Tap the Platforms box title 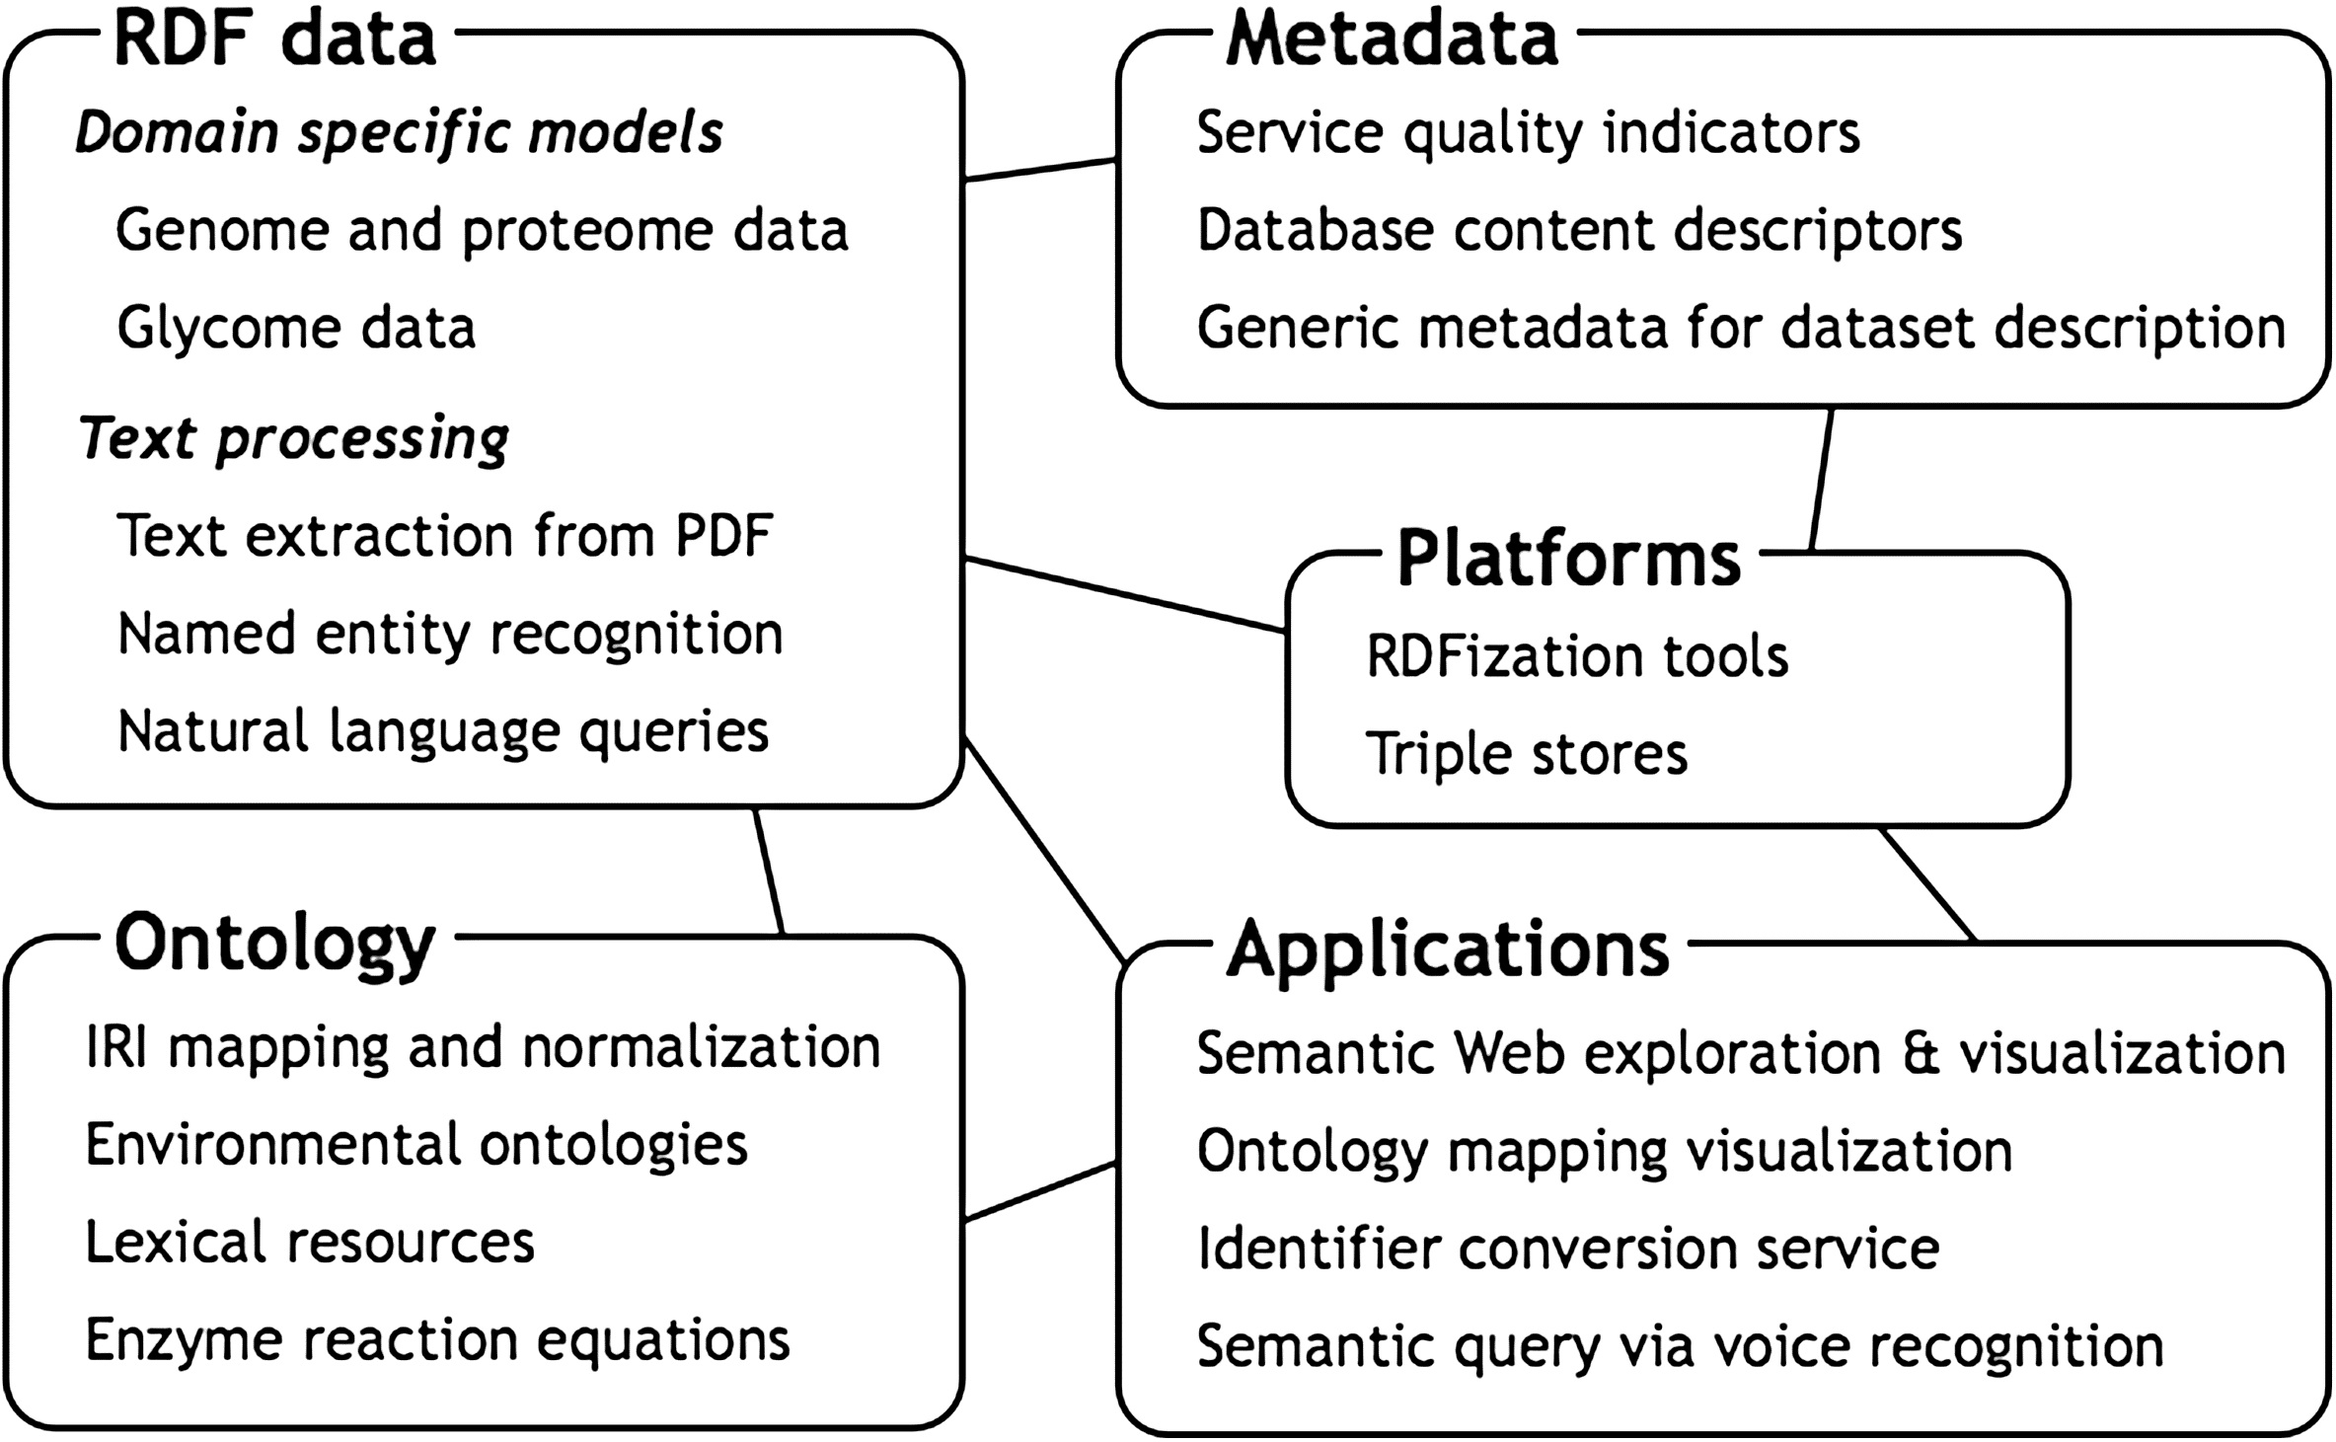pos(1569,558)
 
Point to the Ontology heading pos(275,946)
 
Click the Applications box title pos(1448,949)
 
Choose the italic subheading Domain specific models pos(400,133)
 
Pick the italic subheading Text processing pos(294,438)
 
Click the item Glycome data pos(296,327)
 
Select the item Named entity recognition pos(450,634)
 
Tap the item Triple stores pos(1527,754)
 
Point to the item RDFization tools pos(1577,655)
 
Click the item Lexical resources pos(310,1242)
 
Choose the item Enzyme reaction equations pos(438,1340)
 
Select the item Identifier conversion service pos(1568,1248)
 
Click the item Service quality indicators pos(1528,133)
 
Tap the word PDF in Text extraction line pos(723,536)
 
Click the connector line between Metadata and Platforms pos(1822,479)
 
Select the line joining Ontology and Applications pos(1040,1191)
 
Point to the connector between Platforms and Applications pos(1927,884)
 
